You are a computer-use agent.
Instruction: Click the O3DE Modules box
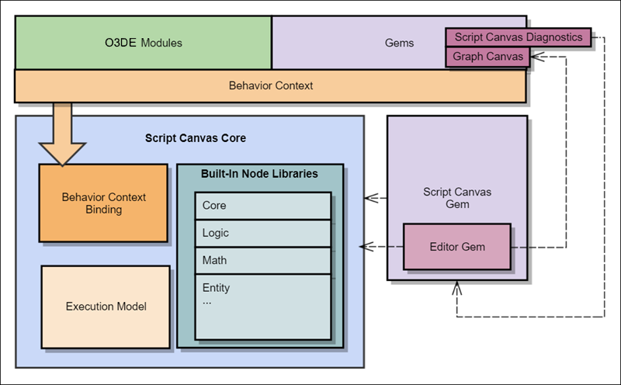coord(143,43)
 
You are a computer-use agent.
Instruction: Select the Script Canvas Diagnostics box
coord(518,36)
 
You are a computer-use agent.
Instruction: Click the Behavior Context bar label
coord(271,85)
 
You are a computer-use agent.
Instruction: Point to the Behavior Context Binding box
coord(103,203)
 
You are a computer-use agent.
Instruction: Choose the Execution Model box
coord(106,306)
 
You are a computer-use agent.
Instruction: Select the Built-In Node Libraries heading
coord(259,174)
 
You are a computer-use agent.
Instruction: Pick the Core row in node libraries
coord(262,206)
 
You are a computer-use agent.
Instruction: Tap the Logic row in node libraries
coord(262,233)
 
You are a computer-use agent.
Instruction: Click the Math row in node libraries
coord(262,260)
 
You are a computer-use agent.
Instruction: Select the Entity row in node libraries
coord(262,288)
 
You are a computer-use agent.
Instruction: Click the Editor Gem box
coord(457,248)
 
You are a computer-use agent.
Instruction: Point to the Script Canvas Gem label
coord(457,197)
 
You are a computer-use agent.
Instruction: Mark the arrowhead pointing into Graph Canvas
coord(537,57)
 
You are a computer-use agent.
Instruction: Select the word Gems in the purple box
coord(400,43)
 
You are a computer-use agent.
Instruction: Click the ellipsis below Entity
coord(206,301)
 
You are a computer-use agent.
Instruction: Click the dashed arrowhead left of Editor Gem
coord(365,248)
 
